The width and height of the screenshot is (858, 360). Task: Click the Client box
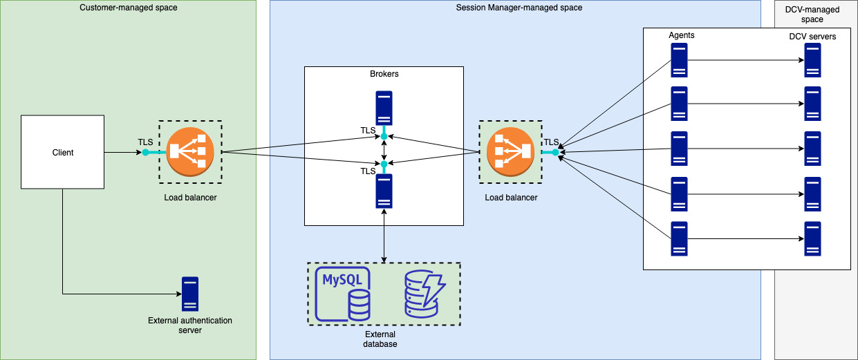coord(63,152)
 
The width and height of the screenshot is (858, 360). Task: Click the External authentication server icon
coord(190,294)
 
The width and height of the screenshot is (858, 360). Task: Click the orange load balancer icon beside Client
coord(190,152)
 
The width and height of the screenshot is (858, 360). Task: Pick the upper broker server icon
coord(384,108)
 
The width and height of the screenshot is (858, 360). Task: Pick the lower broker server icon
coord(384,191)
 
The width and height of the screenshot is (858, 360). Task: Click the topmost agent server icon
coord(678,60)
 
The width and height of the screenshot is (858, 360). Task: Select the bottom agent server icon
coord(678,238)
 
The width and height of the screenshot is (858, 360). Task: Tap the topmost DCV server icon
coord(813,60)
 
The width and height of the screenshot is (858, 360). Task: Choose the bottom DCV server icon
coord(813,238)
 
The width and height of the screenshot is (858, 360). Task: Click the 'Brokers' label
coord(384,74)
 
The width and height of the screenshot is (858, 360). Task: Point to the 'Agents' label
coord(682,35)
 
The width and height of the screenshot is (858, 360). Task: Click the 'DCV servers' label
coord(812,37)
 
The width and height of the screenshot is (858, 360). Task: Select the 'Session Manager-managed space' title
coord(519,8)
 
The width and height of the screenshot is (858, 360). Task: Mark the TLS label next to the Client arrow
coord(145,142)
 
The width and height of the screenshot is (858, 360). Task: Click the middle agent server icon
coord(678,149)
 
